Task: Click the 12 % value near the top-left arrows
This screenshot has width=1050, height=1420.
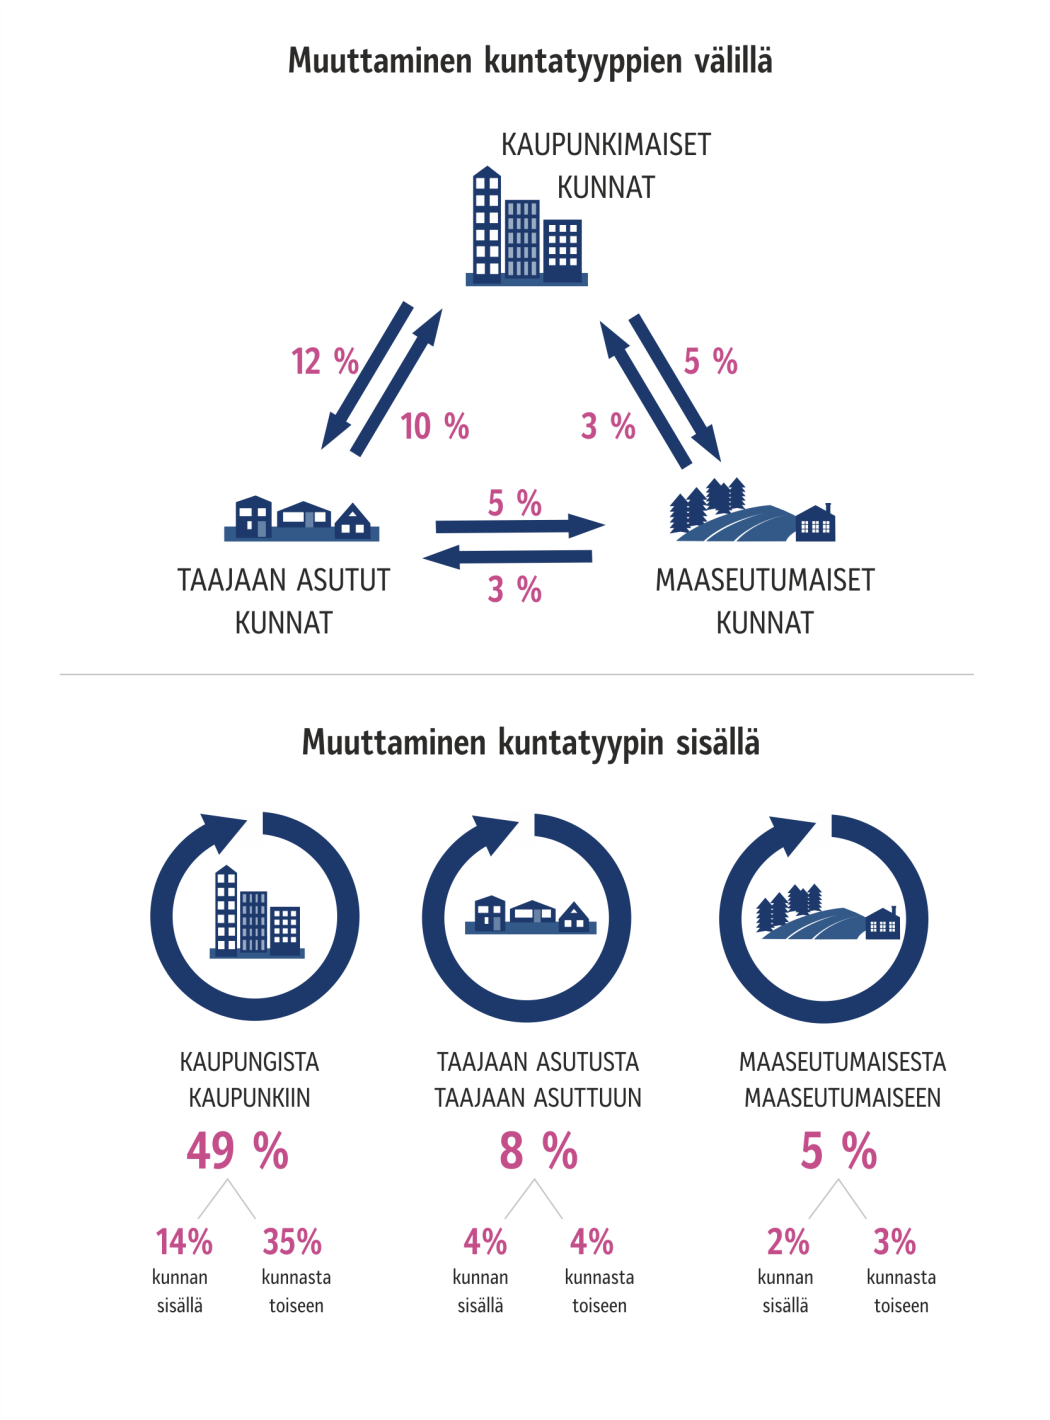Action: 325,361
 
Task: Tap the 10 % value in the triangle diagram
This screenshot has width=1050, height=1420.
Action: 435,426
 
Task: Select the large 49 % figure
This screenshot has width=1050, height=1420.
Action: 238,1150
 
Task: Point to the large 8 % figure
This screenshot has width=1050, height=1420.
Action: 538,1150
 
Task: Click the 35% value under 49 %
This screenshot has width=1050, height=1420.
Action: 292,1241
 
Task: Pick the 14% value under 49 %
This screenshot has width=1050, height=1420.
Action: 184,1241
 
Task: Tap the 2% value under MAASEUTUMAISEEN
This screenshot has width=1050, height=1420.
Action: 788,1241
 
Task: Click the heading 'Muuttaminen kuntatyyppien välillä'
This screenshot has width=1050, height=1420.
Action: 530,61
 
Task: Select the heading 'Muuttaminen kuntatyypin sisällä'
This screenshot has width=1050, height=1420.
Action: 531,743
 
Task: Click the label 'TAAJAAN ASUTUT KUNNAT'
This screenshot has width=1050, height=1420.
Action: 284,601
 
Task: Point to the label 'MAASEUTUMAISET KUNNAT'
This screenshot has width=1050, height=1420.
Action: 764,601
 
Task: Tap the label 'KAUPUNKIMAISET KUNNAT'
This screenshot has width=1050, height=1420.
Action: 606,166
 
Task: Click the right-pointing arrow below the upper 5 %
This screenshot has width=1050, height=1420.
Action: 520,526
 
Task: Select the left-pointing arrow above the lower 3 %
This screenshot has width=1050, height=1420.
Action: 507,556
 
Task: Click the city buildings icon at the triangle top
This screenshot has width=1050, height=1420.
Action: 526,226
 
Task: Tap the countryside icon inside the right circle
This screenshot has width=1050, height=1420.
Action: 828,912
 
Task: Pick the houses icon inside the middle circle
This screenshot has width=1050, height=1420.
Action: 530,915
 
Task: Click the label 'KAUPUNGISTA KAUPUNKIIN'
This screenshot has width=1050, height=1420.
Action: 249,1079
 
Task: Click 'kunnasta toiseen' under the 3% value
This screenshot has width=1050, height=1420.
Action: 901,1291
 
